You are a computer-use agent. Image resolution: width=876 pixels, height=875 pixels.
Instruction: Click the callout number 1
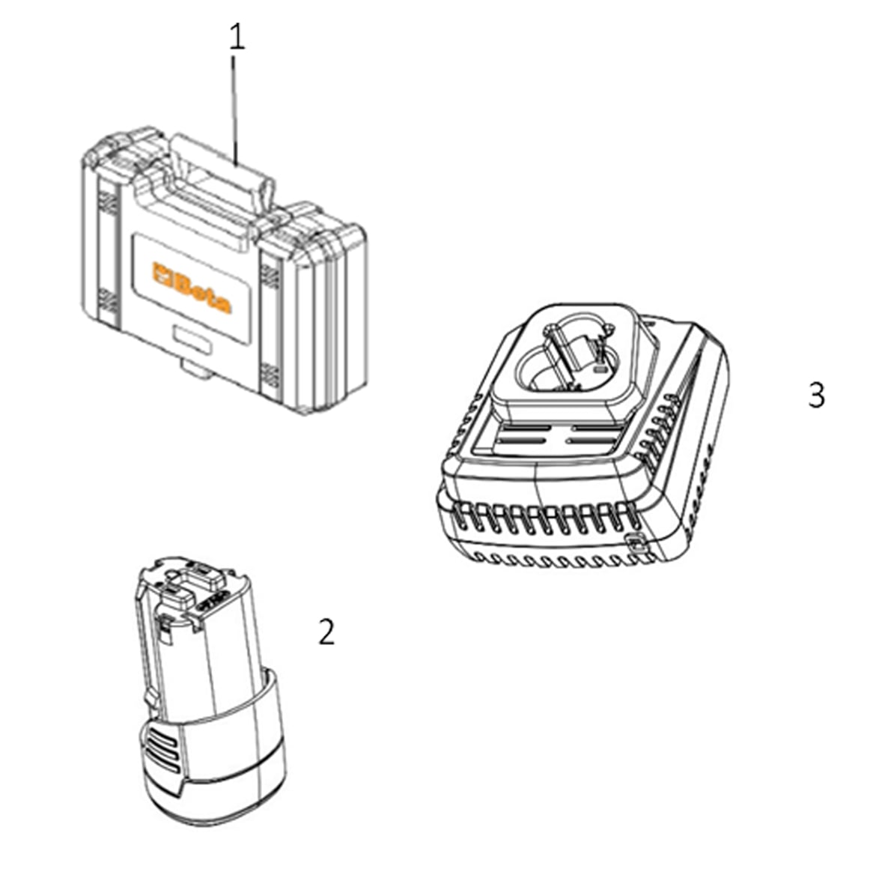tap(237, 37)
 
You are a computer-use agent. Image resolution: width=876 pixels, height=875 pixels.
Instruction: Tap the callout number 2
tap(326, 632)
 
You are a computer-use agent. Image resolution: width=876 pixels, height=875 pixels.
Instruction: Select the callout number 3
tap(816, 396)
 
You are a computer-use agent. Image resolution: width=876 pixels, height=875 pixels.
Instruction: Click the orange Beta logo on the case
tap(192, 288)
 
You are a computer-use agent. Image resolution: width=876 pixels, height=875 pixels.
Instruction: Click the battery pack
tap(210, 691)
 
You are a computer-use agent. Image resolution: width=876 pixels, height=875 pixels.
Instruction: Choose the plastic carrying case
tap(223, 271)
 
